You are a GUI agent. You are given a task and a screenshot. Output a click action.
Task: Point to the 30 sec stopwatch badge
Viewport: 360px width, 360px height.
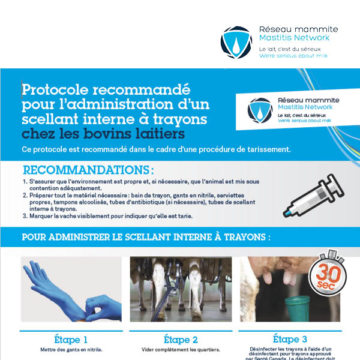[325, 274]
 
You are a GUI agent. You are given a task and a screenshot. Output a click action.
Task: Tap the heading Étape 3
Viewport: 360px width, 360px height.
[290, 339]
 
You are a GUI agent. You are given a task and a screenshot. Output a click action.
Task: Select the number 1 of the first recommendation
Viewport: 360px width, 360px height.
[25, 181]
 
